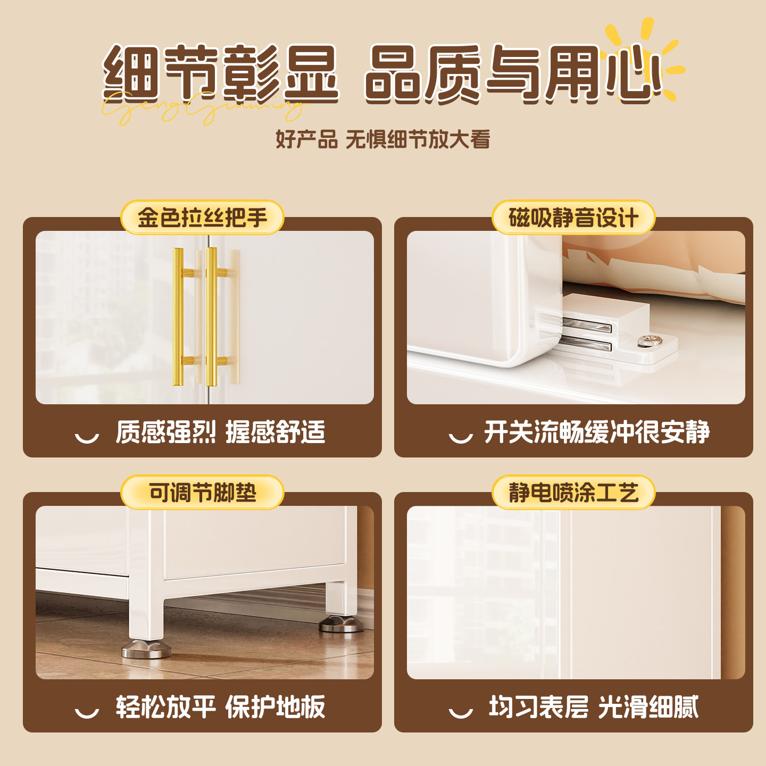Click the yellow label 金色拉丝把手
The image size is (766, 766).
tap(202, 218)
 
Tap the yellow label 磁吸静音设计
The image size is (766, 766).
tap(573, 218)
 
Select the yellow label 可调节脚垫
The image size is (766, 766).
tap(202, 493)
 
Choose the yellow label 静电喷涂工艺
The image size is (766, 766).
tap(573, 493)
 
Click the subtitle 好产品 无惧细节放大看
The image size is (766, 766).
tap(382, 139)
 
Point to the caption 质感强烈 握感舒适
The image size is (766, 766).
tap(220, 432)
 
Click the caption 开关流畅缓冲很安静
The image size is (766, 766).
tap(596, 432)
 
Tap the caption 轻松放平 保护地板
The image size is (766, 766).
tap(220, 707)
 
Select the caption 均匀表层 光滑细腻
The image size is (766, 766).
tap(593, 707)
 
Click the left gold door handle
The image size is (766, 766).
tap(178, 317)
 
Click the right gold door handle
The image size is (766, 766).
tap(212, 317)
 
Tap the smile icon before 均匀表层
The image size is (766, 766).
tap(461, 712)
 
